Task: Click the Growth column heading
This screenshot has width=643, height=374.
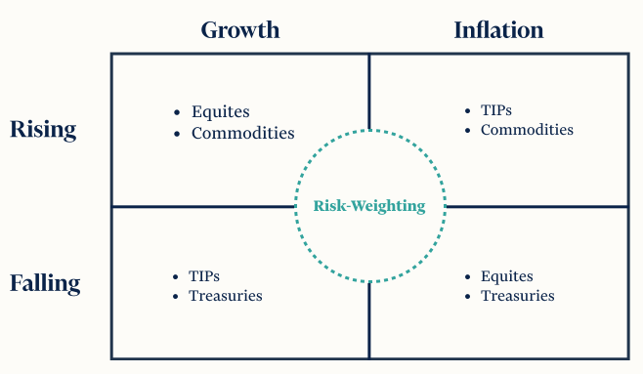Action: click(240, 29)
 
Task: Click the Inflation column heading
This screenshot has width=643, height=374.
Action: click(498, 29)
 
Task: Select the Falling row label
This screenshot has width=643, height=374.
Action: click(45, 284)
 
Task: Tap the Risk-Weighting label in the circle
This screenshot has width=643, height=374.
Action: click(369, 206)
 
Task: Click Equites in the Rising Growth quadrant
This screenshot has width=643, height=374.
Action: click(221, 112)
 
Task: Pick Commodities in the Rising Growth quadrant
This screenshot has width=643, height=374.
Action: click(242, 133)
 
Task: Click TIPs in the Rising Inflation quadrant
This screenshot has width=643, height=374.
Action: click(496, 110)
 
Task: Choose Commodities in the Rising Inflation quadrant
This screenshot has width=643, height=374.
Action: click(527, 129)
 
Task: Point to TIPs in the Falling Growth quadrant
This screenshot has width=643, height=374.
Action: click(204, 277)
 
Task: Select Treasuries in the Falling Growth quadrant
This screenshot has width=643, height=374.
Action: click(226, 296)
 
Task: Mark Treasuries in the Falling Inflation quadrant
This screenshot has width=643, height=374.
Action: click(518, 296)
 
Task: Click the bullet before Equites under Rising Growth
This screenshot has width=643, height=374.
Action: click(175, 113)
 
